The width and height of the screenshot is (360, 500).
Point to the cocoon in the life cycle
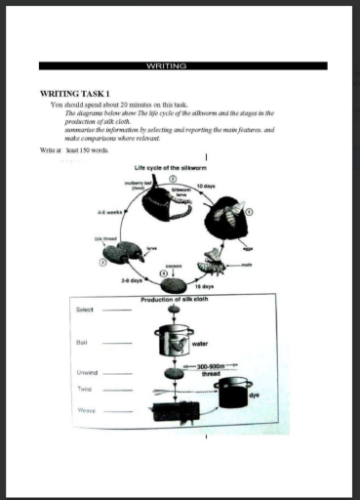coord(175,284)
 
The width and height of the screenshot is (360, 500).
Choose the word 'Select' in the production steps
coord(85,310)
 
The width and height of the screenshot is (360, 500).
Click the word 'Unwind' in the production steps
coord(86,372)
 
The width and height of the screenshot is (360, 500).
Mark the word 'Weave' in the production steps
coord(86,411)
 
